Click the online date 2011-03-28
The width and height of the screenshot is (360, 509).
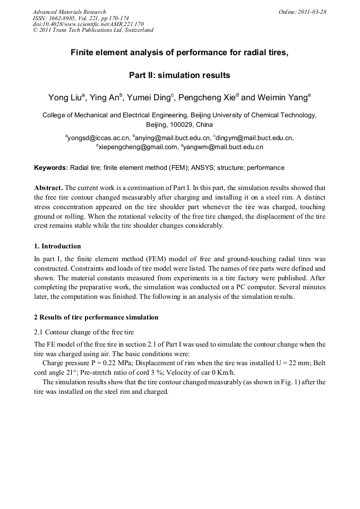[312, 12]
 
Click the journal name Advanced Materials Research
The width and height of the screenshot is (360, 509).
[69, 12]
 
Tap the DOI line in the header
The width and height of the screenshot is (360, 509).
[88, 24]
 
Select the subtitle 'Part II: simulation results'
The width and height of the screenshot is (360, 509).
[179, 75]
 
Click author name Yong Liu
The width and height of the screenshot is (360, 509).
[64, 98]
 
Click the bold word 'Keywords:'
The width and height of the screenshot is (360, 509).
[51, 168]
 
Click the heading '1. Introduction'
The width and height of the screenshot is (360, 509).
[57, 246]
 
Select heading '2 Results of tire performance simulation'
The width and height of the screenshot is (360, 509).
[96, 317]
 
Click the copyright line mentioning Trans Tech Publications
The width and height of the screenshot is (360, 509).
[93, 30]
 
